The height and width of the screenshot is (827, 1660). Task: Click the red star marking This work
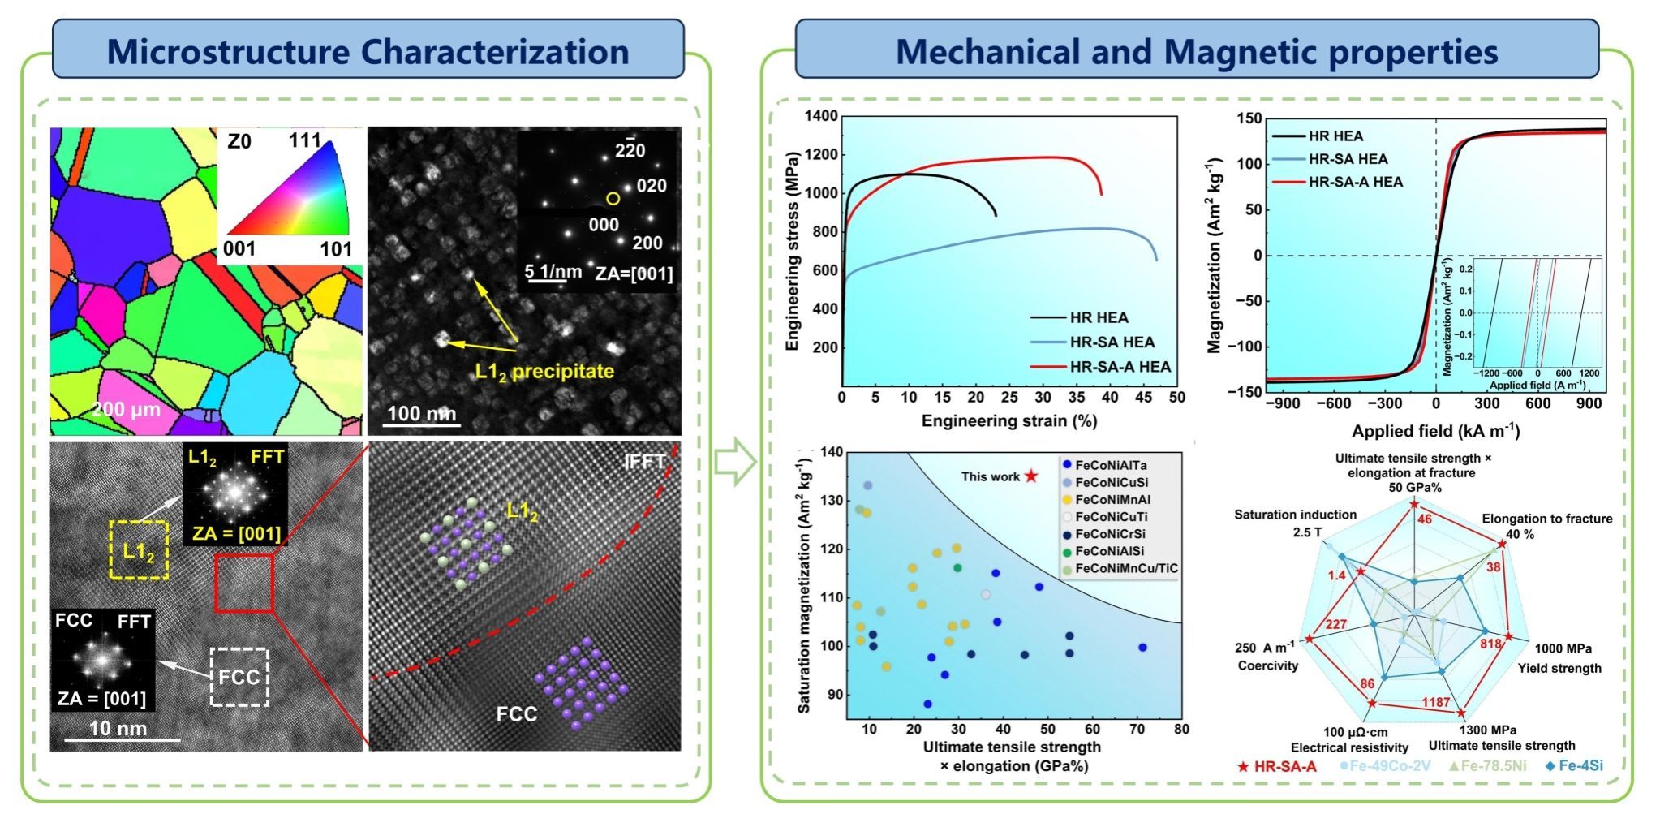(1031, 476)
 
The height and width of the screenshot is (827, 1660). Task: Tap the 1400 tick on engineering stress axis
(820, 116)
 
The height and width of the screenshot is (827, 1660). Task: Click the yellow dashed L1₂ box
(139, 549)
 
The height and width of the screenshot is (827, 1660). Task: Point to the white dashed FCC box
(239, 676)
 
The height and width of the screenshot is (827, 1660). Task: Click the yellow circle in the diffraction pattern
(613, 199)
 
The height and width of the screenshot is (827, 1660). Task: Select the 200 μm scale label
(125, 410)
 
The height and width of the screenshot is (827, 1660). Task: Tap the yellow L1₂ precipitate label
(544, 372)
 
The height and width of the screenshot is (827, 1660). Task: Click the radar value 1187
(1434, 702)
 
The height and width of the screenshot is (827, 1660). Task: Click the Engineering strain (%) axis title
(1008, 420)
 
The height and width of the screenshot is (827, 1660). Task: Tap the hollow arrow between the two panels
(734, 461)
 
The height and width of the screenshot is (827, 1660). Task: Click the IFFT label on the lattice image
(646, 462)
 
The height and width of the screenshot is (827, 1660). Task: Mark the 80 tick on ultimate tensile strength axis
(1181, 729)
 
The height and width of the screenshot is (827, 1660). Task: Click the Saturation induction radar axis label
(1295, 515)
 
